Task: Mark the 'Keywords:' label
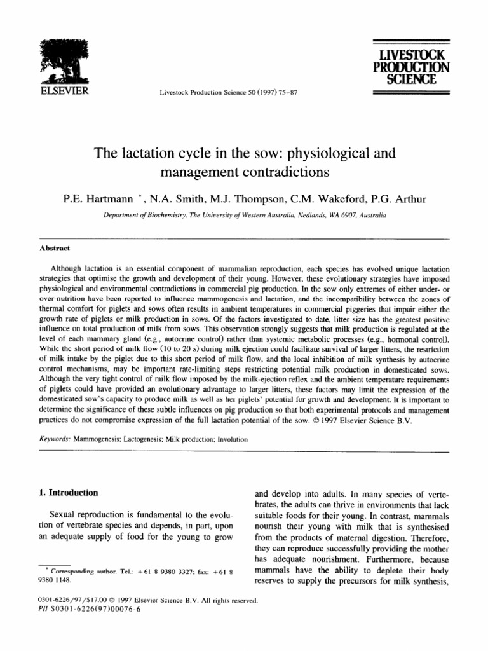pyautogui.click(x=55, y=438)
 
